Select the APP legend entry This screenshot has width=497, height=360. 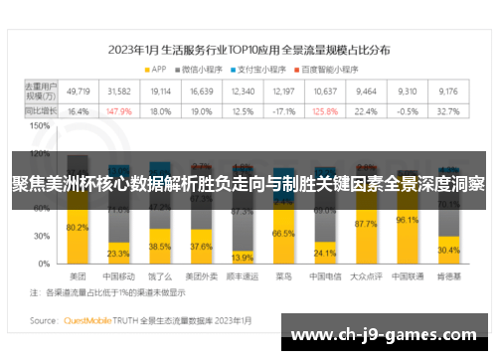click(154, 69)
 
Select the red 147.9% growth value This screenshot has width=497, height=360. click(118, 111)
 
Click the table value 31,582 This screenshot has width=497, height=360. click(118, 90)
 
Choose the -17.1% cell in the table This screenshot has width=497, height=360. click(284, 111)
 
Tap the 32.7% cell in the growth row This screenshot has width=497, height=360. click(448, 111)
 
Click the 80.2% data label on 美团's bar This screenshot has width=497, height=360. click(77, 228)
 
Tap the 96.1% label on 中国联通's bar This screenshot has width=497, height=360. click(408, 220)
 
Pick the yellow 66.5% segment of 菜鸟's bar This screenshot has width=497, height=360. click(283, 233)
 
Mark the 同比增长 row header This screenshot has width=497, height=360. click(40, 111)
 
